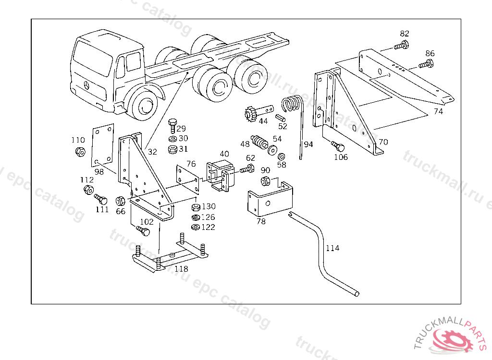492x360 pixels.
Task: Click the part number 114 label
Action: [332, 248]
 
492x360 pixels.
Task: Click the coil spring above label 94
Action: [292, 105]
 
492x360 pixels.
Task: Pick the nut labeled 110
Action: [80, 152]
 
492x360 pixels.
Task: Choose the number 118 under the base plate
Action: [181, 269]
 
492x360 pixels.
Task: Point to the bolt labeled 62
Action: [249, 168]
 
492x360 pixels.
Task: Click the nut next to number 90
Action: [265, 181]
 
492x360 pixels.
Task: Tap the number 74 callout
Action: [438, 111]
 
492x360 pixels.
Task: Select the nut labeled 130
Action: [195, 207]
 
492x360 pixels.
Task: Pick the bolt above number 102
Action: [144, 231]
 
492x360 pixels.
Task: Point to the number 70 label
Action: [383, 142]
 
